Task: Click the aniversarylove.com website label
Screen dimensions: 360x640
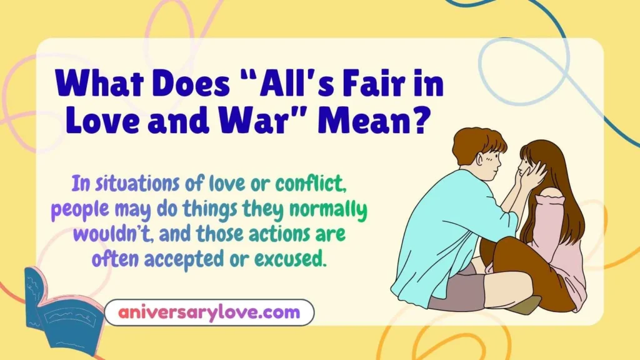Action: (209, 312)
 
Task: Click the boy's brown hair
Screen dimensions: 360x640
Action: (478, 143)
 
